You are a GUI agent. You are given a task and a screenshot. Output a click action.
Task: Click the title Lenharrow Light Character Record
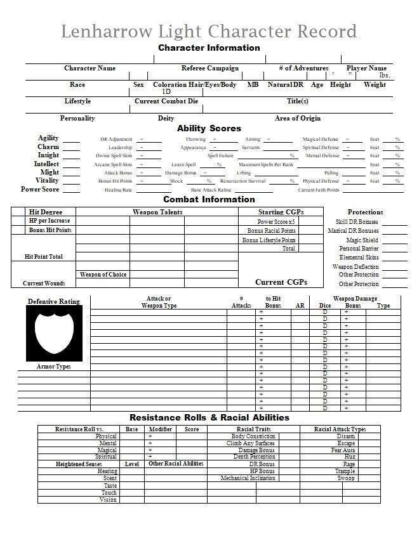tap(209, 31)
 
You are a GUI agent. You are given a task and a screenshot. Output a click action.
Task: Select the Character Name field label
tap(90, 68)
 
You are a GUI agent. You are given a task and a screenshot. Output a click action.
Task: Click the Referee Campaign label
tap(210, 68)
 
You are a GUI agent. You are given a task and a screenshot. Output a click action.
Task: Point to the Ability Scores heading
tap(209, 128)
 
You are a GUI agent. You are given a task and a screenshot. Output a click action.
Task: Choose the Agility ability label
tap(48, 138)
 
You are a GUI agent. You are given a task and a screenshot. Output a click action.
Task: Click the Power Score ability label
tap(40, 190)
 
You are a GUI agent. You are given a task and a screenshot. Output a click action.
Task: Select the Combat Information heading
tap(209, 199)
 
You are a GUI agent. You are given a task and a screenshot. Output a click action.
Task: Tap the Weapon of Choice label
tap(103, 275)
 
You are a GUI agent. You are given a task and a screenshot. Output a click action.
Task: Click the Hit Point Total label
tap(43, 257)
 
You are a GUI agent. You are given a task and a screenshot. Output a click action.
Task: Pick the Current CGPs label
tap(281, 282)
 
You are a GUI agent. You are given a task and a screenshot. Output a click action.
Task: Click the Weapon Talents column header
tap(157, 212)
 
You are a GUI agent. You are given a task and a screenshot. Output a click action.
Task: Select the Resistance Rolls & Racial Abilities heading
tap(209, 417)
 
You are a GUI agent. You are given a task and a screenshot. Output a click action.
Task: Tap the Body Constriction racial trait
tap(253, 436)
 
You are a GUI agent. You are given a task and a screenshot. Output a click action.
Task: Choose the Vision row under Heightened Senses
tap(108, 500)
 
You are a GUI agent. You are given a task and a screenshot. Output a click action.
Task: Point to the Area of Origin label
tap(298, 119)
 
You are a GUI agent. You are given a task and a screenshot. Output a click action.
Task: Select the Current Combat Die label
tap(166, 101)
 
